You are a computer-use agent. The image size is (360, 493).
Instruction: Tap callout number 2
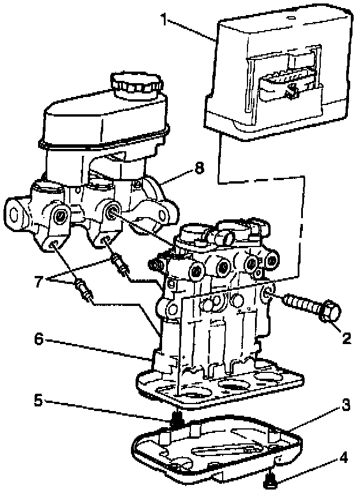click(346, 338)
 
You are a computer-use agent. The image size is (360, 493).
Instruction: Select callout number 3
click(346, 405)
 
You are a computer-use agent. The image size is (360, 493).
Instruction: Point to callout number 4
click(344, 459)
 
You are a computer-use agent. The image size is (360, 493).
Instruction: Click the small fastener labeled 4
click(268, 479)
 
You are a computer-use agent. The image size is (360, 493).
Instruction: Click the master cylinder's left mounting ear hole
click(14, 212)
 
